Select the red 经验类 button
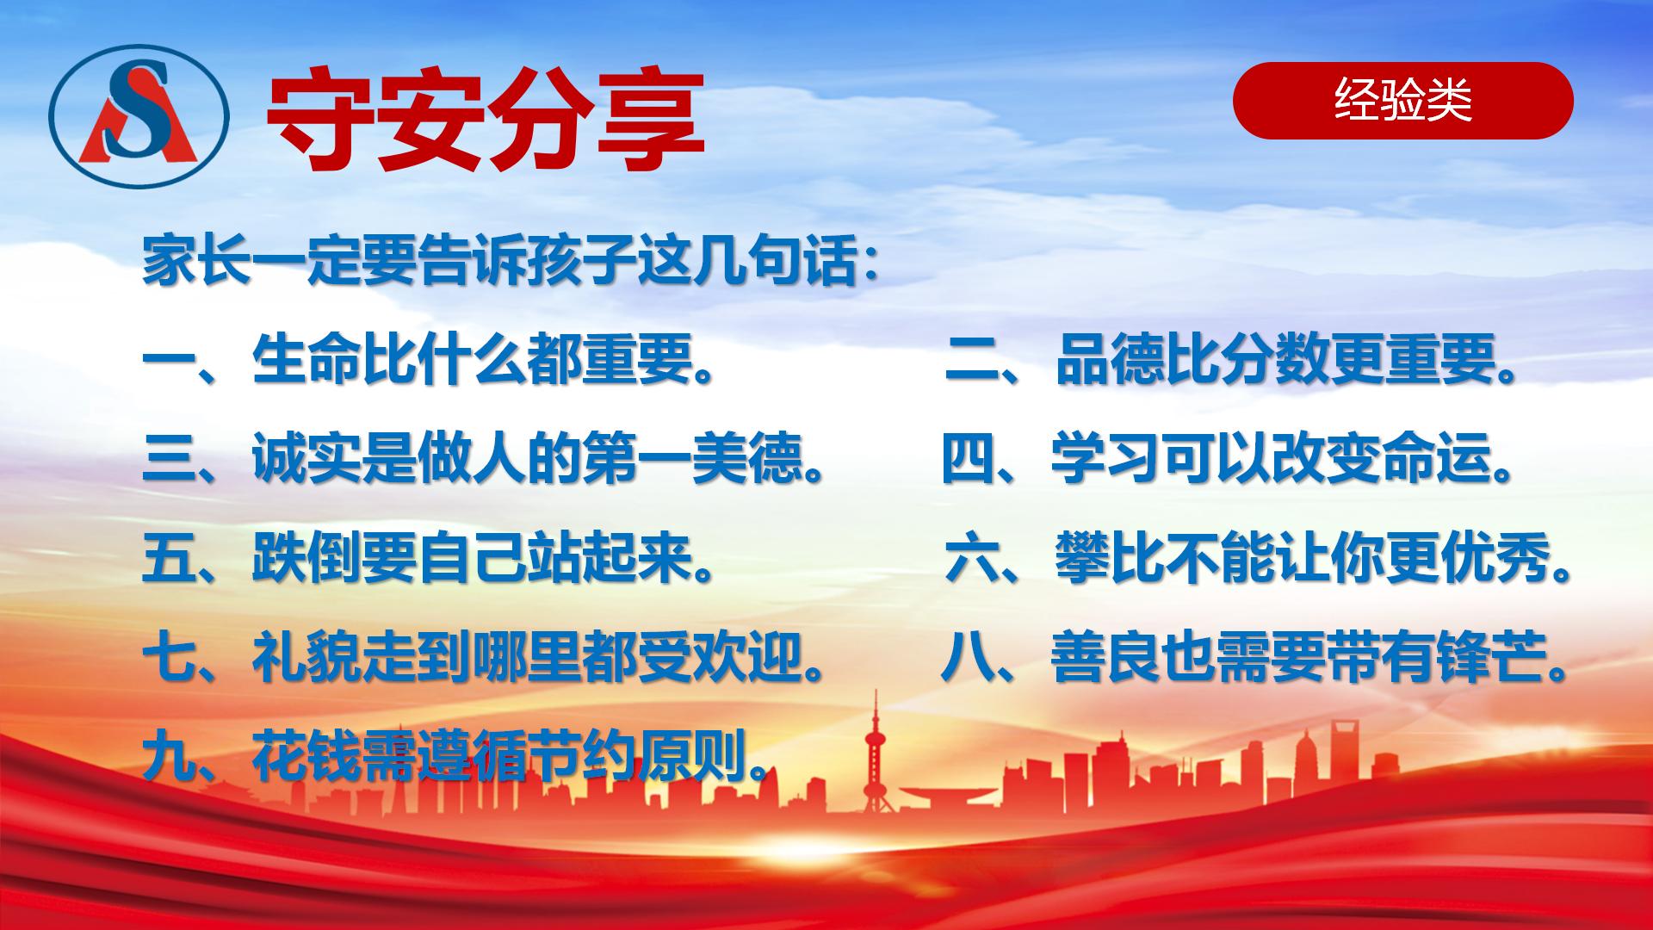[x=1402, y=101]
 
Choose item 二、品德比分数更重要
[x=1231, y=359]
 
